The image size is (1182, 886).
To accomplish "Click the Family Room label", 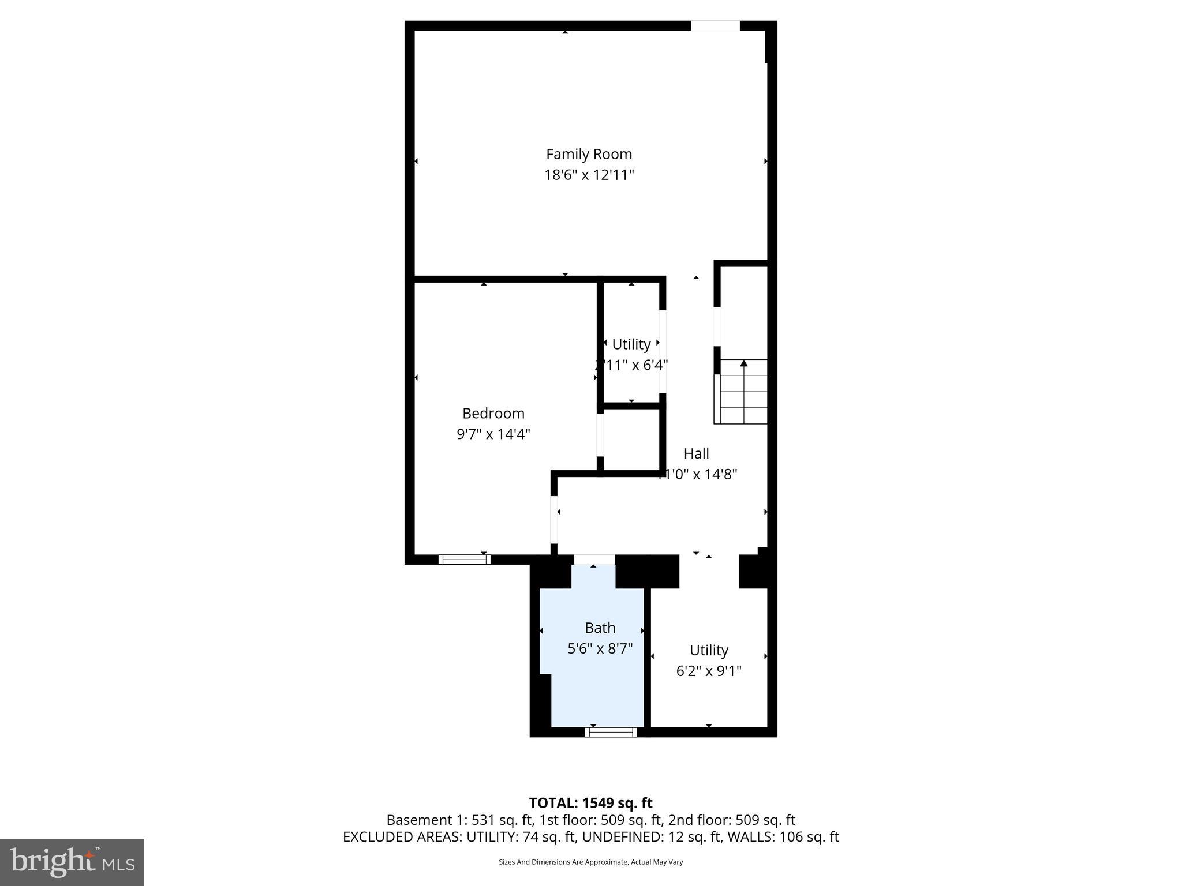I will pyautogui.click(x=589, y=154).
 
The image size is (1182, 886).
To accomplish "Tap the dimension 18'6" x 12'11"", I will pyautogui.click(x=589, y=175).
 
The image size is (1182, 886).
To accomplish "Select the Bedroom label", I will pyautogui.click(x=493, y=413).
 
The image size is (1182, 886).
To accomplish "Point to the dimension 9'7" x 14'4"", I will pyautogui.click(x=493, y=434).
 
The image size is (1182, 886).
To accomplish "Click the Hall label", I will pyautogui.click(x=696, y=453).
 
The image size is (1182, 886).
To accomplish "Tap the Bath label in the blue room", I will pyautogui.click(x=600, y=628).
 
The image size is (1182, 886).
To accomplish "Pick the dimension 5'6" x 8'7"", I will pyautogui.click(x=600, y=648).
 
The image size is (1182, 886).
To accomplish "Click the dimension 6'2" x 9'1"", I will pyautogui.click(x=708, y=671).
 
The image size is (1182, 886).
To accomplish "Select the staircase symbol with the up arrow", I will pyautogui.click(x=743, y=392).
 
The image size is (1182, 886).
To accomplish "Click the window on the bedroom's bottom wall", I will pyautogui.click(x=464, y=559).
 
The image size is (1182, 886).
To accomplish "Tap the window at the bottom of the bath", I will pyautogui.click(x=611, y=732).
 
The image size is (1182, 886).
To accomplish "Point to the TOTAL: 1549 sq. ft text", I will pyautogui.click(x=590, y=803).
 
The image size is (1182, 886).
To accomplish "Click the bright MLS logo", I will pyautogui.click(x=72, y=862).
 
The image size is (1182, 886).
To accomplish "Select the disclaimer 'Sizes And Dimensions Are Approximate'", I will pyautogui.click(x=590, y=862).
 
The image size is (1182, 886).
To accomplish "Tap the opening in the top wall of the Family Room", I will pyautogui.click(x=715, y=26).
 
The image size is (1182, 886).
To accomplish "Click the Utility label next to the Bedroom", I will pyautogui.click(x=631, y=344).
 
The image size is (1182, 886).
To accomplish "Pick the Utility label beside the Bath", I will pyautogui.click(x=708, y=650).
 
